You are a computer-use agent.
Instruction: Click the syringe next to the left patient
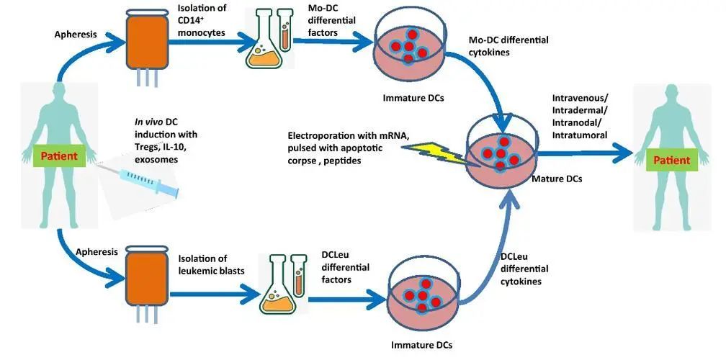coord(139,181)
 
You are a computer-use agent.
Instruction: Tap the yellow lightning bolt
coord(436,153)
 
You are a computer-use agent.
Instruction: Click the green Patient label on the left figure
coord(59,156)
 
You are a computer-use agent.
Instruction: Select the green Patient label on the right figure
coord(671,161)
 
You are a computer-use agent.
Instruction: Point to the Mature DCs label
coord(556,179)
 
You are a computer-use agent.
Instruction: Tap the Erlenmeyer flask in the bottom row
coord(277,290)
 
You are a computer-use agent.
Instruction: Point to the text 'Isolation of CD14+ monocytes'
coord(202,21)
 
